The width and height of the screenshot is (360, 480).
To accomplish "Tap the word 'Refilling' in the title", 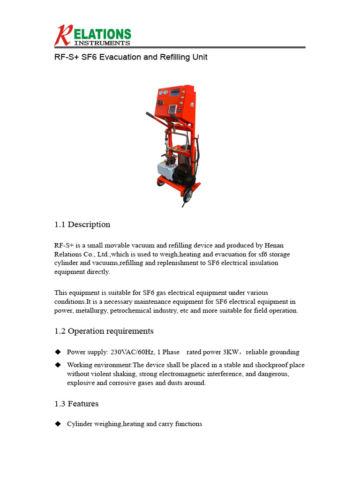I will click(x=170, y=57).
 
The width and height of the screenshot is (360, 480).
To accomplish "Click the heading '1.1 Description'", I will click(x=82, y=225).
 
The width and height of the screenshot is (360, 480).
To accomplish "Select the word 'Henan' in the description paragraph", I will click(x=274, y=246).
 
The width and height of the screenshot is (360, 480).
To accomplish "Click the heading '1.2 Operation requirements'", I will click(x=104, y=331).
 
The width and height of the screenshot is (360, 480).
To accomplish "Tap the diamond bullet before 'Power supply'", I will click(x=58, y=352).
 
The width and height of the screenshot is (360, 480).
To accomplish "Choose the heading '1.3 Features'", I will click(x=76, y=404).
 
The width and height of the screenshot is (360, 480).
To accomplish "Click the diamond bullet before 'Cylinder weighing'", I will click(x=58, y=424).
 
